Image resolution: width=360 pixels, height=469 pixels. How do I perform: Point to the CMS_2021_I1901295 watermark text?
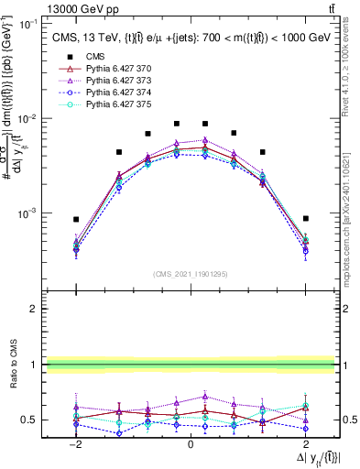pos(190,274)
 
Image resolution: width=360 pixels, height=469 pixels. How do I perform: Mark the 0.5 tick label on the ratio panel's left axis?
pos(30,420)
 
